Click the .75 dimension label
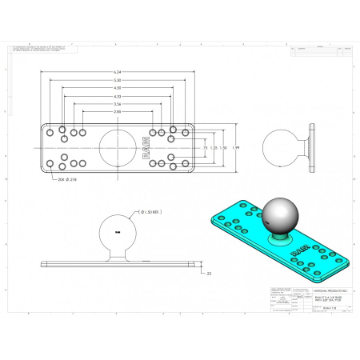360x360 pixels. tap(205, 149)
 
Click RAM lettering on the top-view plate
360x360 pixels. tap(145, 149)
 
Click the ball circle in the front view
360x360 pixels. tap(117, 232)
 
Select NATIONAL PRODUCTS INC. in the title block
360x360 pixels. tap(310, 292)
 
